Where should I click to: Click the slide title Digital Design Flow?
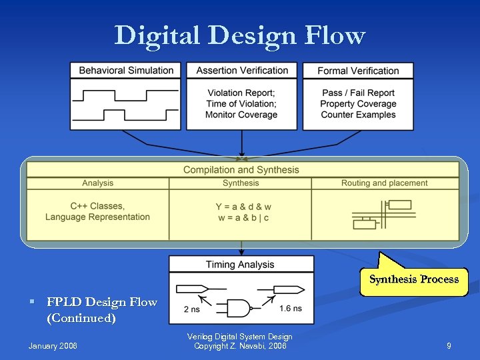click(240, 35)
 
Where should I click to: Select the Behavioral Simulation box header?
click(126, 71)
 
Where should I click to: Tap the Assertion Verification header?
click(242, 71)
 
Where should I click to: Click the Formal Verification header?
click(358, 71)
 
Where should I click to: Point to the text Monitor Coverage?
click(241, 115)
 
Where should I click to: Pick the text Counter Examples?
click(358, 115)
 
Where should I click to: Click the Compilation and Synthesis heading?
click(241, 170)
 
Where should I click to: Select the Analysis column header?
click(98, 183)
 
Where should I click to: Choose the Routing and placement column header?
click(385, 183)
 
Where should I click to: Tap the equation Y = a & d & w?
click(243, 207)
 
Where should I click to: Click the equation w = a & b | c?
click(243, 218)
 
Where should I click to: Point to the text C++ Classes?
click(97, 206)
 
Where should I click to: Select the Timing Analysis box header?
click(241, 265)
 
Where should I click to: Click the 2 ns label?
click(191, 309)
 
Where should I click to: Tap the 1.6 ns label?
click(290, 309)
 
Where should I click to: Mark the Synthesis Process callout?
click(414, 279)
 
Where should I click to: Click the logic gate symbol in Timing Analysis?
click(239, 307)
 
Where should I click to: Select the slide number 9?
click(449, 346)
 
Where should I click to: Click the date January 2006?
click(53, 346)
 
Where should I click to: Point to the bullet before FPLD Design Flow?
click(31, 303)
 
